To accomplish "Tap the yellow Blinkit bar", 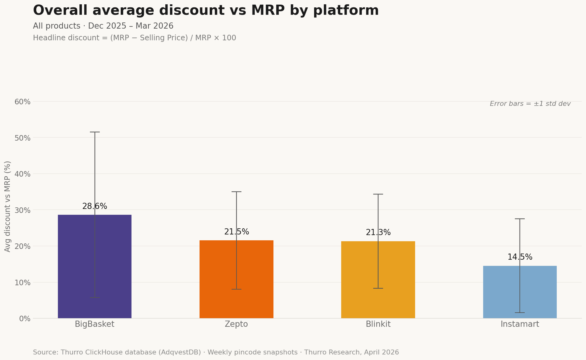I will point(360,280).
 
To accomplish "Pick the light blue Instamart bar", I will point(502,292).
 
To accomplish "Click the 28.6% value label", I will point(95,206).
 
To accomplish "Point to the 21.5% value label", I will point(236,232).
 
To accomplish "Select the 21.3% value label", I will point(378,233).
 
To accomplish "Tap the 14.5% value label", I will point(520,257).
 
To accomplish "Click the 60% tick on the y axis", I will point(22,102).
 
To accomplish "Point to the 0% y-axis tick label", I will point(25,319).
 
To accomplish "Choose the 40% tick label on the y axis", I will point(22,174).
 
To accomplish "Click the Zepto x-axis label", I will point(236,324).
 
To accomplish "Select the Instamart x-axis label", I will point(520,324).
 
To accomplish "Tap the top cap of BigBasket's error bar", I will point(95,132).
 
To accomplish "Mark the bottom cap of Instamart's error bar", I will point(520,313).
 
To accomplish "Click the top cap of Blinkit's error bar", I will point(378,194).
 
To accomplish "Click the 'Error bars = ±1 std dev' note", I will point(530,104).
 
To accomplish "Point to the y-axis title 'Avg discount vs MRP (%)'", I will point(8,206).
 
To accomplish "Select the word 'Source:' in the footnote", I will point(45,353).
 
